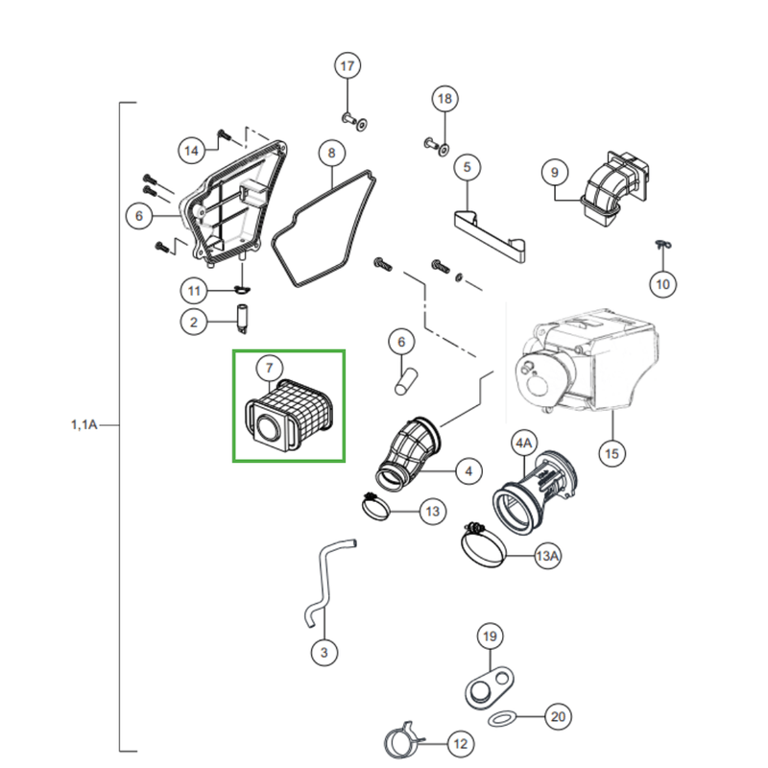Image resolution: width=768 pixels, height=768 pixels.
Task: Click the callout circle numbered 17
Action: pos(348,66)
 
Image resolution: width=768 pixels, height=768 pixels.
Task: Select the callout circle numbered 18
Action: pos(444,99)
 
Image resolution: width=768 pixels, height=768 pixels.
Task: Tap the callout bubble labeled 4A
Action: pos(524,444)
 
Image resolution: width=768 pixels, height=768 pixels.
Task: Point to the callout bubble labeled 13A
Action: pos(548,556)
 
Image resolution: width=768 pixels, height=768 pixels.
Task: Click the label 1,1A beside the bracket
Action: pos(84,422)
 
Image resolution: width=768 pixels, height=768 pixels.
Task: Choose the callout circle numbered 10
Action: pos(663,282)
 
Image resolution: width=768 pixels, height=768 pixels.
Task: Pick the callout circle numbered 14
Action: pos(192,150)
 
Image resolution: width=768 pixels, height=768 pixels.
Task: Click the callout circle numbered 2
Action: pos(194,323)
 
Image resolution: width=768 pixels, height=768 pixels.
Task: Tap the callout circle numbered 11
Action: pos(194,290)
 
